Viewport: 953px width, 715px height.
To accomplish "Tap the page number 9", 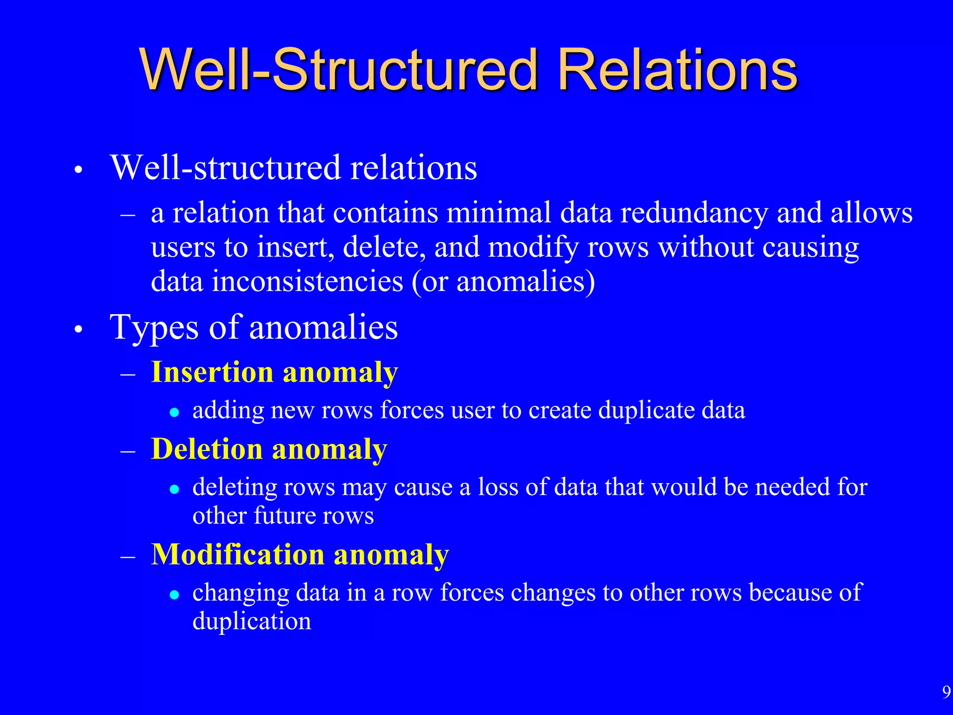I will pyautogui.click(x=946, y=692).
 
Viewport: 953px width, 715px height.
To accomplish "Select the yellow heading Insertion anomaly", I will pyautogui.click(x=275, y=372).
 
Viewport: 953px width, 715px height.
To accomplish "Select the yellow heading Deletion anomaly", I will pyautogui.click(x=269, y=449).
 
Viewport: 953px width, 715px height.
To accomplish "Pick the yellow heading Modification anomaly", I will pyautogui.click(x=300, y=554).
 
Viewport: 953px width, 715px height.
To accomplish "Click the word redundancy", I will pyautogui.click(x=694, y=213).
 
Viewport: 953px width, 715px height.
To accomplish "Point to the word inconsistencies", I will pyautogui.click(x=308, y=281).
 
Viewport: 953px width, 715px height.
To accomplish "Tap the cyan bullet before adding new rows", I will pyautogui.click(x=174, y=412).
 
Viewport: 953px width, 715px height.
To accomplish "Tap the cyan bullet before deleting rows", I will pyautogui.click(x=174, y=489).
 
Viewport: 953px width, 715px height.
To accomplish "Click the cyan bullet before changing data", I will pyautogui.click(x=174, y=594).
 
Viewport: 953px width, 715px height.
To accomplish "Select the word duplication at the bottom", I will pyautogui.click(x=252, y=621).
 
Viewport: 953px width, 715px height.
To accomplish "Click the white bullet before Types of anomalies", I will pyautogui.click(x=78, y=330).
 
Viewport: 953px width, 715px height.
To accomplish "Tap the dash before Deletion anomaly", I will pyautogui.click(x=128, y=451).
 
